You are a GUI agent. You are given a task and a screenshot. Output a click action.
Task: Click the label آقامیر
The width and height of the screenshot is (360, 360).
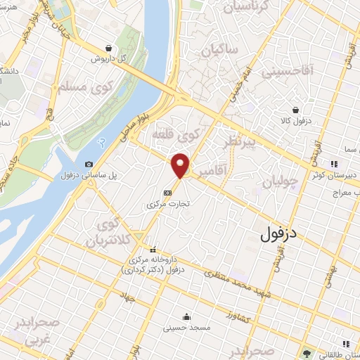211,171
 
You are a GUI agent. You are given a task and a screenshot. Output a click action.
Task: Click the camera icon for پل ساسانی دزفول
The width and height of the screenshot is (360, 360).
89,165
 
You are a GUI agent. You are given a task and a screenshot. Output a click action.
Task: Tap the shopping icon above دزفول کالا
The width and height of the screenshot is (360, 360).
297,110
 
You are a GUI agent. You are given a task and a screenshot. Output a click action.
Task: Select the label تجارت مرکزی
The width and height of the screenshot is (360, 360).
169,204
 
